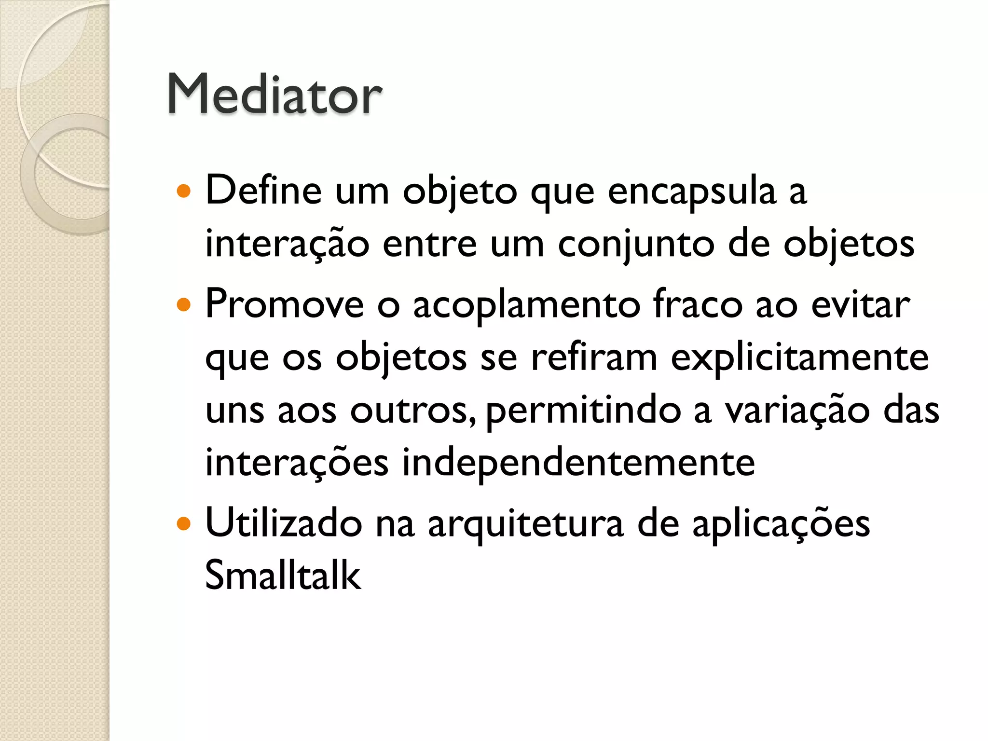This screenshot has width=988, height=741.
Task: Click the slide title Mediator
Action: (274, 94)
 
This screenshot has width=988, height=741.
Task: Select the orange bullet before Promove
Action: (184, 305)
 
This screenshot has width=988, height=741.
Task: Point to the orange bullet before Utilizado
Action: (184, 524)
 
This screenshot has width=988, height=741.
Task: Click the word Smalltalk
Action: (283, 575)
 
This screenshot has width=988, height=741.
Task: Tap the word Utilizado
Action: (284, 523)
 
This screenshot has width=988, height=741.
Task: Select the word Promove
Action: (285, 305)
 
